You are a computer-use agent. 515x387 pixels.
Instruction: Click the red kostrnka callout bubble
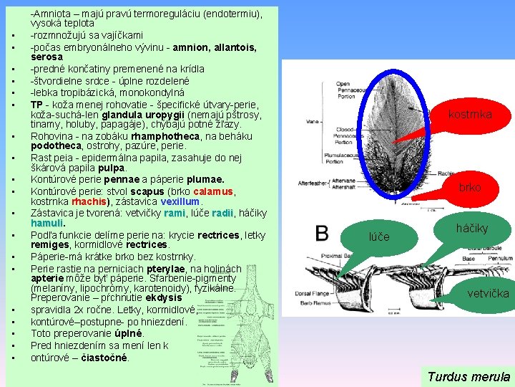(470, 114)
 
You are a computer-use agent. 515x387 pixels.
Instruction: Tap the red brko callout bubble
(470, 187)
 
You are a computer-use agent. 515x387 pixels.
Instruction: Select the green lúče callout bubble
(379, 236)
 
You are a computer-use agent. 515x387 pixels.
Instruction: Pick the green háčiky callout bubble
(471, 228)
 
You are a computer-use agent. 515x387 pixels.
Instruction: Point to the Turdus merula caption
(469, 376)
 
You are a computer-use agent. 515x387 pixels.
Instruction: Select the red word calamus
(214, 191)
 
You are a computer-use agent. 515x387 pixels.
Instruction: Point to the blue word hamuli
(47, 224)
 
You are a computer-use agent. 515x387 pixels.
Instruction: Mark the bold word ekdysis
(165, 297)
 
